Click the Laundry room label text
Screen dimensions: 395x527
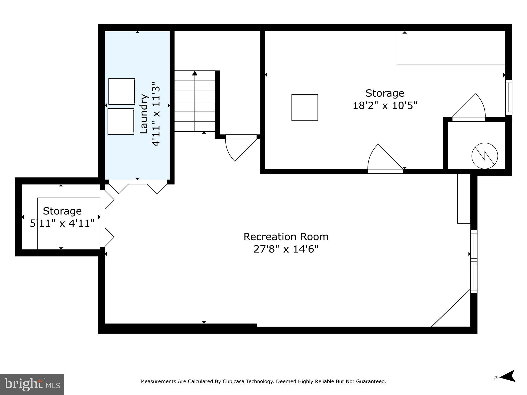(144, 114)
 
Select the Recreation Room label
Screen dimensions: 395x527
(286, 237)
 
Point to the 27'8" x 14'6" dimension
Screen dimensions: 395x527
(286, 249)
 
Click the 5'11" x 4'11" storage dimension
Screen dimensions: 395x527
(62, 223)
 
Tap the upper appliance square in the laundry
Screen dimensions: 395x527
(121, 91)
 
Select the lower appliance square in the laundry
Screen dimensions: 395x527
(121, 121)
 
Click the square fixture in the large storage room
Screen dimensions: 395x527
(304, 107)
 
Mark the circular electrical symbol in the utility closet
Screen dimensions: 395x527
(485, 156)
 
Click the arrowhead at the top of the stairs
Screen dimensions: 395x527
(195, 73)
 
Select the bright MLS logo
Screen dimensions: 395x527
(32, 384)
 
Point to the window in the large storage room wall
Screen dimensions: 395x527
(508, 97)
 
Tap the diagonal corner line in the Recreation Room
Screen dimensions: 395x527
(451, 308)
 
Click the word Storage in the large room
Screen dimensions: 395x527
(385, 93)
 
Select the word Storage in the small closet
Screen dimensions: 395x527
(62, 211)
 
